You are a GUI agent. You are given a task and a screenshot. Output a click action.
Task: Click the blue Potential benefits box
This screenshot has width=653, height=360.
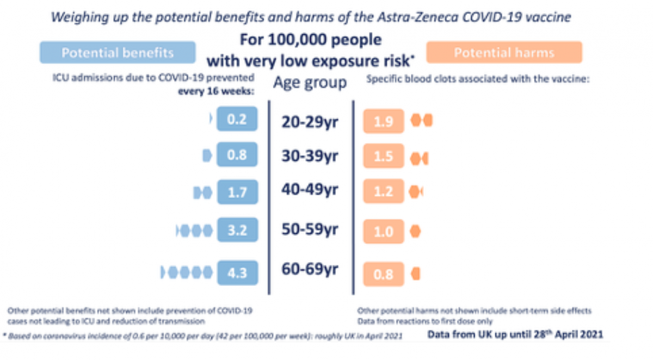pyautogui.click(x=117, y=53)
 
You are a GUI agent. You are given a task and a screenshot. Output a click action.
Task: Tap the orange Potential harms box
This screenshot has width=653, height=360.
pyautogui.click(x=504, y=53)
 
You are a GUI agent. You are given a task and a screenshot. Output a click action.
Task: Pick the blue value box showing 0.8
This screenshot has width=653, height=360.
pyautogui.click(x=237, y=156)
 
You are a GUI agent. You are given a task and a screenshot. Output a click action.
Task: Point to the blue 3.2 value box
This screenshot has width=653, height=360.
pyautogui.click(x=237, y=231)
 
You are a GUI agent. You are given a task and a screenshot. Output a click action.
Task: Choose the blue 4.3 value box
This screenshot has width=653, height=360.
pyautogui.click(x=237, y=271)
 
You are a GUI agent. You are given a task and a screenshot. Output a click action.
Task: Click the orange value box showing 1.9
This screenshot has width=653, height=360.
pyautogui.click(x=384, y=122)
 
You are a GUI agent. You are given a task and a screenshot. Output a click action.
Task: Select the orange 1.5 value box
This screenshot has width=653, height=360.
pyautogui.click(x=384, y=157)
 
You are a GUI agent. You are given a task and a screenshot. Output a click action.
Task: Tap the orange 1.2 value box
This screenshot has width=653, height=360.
pyautogui.click(x=384, y=192)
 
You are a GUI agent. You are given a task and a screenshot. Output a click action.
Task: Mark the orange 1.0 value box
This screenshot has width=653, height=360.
pyautogui.click(x=384, y=232)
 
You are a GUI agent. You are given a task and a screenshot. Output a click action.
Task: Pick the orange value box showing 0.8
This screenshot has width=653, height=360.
pyautogui.click(x=384, y=274)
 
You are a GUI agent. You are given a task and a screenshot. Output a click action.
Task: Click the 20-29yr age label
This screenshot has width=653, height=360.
pyautogui.click(x=310, y=122)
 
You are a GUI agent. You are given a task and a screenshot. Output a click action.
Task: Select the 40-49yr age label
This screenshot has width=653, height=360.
pyautogui.click(x=310, y=190)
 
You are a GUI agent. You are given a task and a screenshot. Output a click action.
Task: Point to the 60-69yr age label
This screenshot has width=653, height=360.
pyautogui.click(x=310, y=270)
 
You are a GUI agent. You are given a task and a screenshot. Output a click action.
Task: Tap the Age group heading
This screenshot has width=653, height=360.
pyautogui.click(x=310, y=83)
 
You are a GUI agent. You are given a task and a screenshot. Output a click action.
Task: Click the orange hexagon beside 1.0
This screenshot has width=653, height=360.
pyautogui.click(x=416, y=232)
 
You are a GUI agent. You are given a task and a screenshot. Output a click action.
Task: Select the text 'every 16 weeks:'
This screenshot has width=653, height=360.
pyautogui.click(x=215, y=91)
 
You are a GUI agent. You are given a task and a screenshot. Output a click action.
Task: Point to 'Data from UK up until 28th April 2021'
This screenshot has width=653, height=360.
pyautogui.click(x=515, y=334)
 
